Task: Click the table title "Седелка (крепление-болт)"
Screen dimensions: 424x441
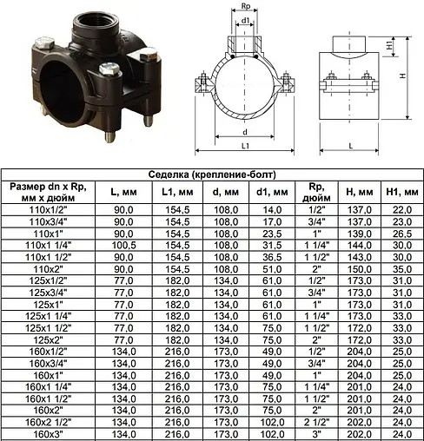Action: click(x=212, y=174)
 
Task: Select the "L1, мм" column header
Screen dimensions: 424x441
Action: click(x=177, y=192)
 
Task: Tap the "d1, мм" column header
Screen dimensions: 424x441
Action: click(x=272, y=192)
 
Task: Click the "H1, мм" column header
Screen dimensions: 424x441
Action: click(x=402, y=192)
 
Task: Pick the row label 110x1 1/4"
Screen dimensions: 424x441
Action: click(x=48, y=246)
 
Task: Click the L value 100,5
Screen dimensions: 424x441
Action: click(x=123, y=246)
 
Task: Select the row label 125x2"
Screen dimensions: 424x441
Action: click(x=48, y=340)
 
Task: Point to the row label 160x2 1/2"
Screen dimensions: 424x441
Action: click(x=48, y=423)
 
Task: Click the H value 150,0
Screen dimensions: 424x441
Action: click(x=359, y=269)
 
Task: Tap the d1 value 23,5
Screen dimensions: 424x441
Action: click(x=272, y=234)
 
